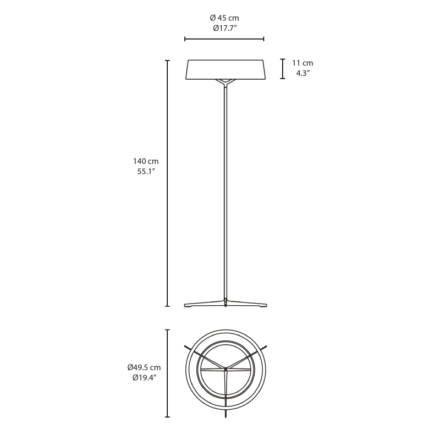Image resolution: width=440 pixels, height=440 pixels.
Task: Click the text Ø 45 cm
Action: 224,18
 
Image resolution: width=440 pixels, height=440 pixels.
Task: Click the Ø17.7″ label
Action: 224,28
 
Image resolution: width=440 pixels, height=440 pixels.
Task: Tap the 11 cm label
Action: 302,63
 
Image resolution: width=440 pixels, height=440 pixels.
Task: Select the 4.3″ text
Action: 302,73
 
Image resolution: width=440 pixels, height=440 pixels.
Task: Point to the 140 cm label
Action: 145,161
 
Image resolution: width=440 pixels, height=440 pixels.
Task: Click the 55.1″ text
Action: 145,171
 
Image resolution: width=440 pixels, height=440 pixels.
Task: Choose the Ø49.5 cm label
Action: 144,367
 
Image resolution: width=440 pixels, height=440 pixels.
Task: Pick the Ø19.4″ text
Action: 144,377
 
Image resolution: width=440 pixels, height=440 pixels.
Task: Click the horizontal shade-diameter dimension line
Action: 224,39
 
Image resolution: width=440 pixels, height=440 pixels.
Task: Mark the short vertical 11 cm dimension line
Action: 283,69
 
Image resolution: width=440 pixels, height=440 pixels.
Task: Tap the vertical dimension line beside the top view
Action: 167,373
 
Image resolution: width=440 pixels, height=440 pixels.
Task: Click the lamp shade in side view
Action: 226,69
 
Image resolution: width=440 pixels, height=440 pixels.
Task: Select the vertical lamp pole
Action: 226,193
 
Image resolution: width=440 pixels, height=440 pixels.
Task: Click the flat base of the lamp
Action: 226,304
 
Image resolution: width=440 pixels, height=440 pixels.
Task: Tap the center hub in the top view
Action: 226,370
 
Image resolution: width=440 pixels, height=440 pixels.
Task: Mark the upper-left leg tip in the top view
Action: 186,347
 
